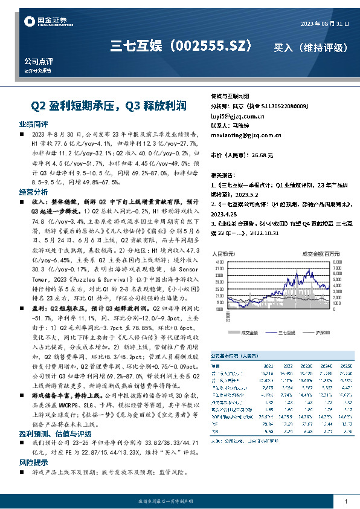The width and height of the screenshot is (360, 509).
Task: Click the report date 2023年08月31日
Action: click(324, 24)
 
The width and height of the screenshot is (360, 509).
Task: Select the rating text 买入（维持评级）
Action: click(311, 47)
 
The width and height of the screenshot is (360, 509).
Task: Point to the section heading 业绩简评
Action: click(33, 123)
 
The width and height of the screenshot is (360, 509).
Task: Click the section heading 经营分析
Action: click(33, 190)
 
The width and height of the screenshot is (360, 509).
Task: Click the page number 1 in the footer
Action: click(345, 502)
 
